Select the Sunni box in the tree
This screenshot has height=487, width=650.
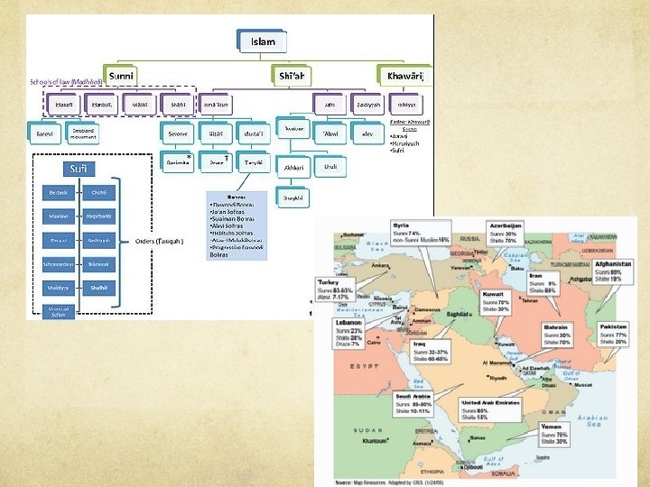(124, 76)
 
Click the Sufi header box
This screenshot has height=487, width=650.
(75, 169)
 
